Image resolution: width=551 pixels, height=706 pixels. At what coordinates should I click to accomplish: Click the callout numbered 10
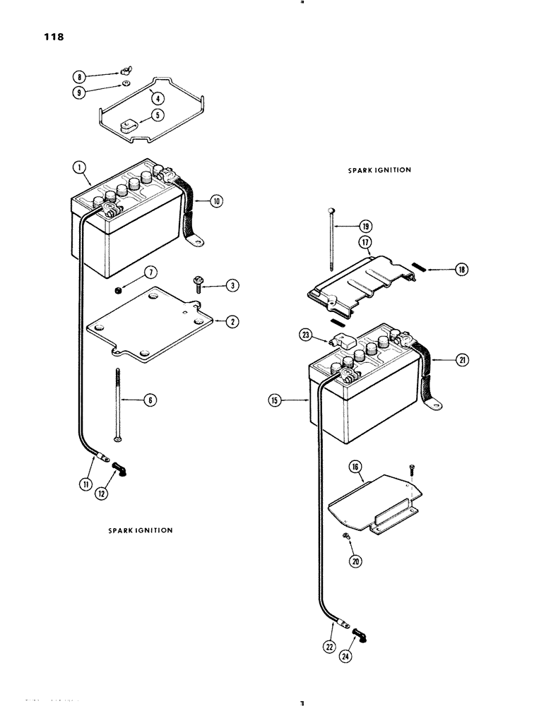215,201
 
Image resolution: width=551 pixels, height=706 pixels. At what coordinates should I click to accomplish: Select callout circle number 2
232,321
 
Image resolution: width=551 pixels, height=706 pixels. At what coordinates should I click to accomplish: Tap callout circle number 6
150,400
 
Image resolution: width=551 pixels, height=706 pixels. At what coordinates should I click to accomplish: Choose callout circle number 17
365,242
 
